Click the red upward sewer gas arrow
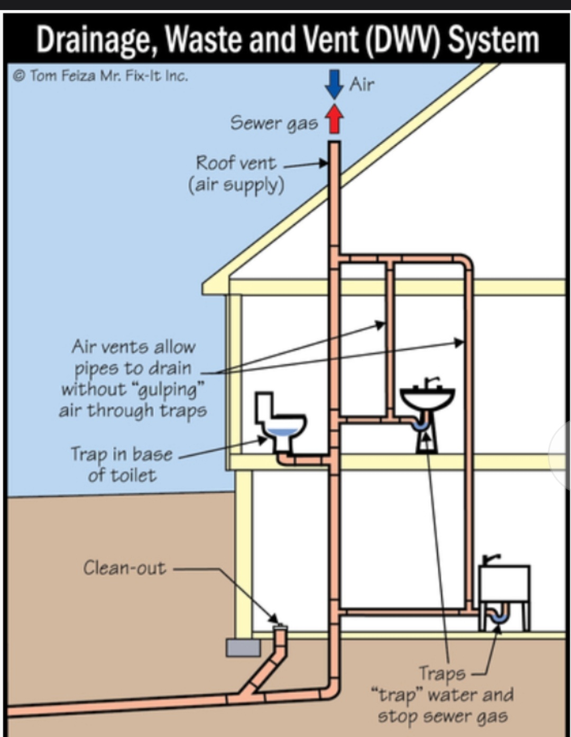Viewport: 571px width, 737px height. click(x=334, y=118)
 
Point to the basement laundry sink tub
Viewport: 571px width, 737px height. click(x=504, y=584)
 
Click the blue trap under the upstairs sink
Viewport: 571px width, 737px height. click(x=421, y=423)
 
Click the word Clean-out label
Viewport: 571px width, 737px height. click(x=124, y=568)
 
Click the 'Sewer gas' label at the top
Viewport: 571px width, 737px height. click(x=273, y=123)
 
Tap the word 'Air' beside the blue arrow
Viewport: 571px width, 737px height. click(x=362, y=84)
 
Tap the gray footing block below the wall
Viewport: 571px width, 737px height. click(x=243, y=647)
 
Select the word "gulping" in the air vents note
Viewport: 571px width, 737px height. click(x=170, y=390)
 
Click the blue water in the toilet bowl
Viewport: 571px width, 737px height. click(x=285, y=432)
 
